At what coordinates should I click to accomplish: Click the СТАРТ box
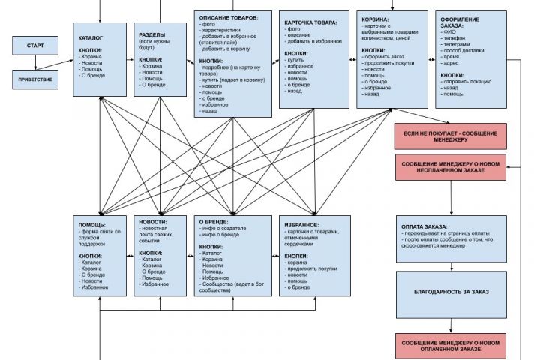click(x=34, y=46)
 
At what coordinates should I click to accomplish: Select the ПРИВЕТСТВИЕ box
click(x=34, y=79)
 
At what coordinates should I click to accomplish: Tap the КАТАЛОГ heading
click(x=91, y=37)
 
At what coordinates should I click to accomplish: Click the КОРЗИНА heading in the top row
click(x=375, y=19)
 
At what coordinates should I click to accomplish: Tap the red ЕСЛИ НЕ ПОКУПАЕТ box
click(x=451, y=136)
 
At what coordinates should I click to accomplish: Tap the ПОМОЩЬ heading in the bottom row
click(x=92, y=224)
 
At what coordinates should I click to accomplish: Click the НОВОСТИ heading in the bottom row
click(x=153, y=223)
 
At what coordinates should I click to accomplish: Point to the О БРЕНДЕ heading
click(x=213, y=223)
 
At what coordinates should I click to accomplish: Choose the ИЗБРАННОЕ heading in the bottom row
click(x=302, y=224)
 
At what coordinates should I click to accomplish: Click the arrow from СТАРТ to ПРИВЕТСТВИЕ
click(x=34, y=63)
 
